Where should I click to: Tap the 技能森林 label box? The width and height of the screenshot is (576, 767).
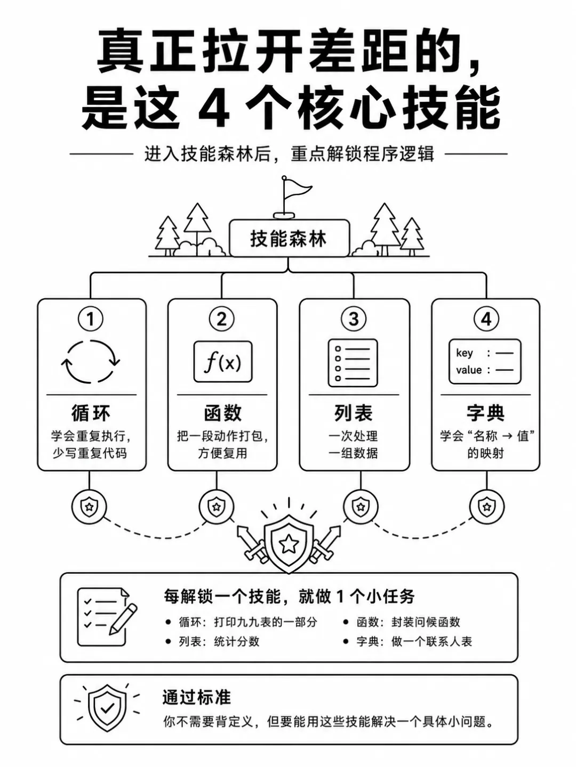click(x=289, y=238)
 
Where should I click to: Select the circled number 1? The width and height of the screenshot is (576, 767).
click(x=91, y=319)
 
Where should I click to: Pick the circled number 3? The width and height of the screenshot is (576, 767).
click(x=354, y=319)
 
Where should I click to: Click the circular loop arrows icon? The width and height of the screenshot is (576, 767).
click(x=91, y=362)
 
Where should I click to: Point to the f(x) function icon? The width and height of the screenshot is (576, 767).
click(x=223, y=362)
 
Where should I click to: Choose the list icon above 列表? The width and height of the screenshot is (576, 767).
click(x=353, y=363)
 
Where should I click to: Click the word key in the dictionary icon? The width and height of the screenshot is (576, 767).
click(x=464, y=353)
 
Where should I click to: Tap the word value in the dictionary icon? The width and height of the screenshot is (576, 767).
click(x=469, y=370)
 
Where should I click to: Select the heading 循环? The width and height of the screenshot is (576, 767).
click(x=91, y=413)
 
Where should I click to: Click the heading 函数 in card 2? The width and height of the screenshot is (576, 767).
click(x=223, y=413)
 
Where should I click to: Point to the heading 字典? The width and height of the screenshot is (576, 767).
click(x=485, y=413)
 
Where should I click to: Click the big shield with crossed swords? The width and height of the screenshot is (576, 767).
click(x=289, y=543)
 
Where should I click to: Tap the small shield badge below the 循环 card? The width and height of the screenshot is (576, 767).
click(x=89, y=507)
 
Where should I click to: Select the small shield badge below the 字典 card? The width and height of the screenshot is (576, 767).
click(x=486, y=507)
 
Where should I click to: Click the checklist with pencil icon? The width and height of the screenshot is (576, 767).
click(x=107, y=617)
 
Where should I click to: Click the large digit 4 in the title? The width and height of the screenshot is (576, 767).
click(x=214, y=108)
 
